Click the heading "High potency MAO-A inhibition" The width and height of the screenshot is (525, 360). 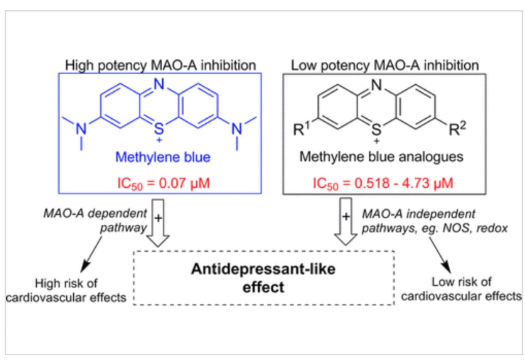(161, 66)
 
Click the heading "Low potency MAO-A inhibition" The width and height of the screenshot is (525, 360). (385, 66)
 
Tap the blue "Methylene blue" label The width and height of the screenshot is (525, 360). (163, 157)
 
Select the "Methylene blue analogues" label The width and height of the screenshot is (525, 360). (381, 157)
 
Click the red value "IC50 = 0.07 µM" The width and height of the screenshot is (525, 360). (163, 184)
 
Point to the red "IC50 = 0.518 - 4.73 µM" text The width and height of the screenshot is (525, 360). (383, 184)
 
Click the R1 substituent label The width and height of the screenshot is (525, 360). (301, 129)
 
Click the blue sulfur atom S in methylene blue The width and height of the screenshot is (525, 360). (159, 129)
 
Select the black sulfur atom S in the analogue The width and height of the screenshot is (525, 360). (376, 129)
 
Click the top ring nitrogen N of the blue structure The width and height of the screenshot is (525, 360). (159, 84)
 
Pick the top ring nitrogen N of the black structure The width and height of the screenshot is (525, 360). (377, 84)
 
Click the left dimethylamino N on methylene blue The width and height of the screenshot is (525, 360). (81, 129)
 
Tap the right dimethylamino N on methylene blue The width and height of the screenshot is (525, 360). (237, 129)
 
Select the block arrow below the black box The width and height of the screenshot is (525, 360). (346, 222)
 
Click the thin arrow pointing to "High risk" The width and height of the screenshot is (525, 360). (91, 255)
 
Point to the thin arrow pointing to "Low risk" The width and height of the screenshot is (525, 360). (440, 255)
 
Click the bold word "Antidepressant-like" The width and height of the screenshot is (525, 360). (263, 269)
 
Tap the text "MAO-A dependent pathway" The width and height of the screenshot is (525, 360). (95, 220)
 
